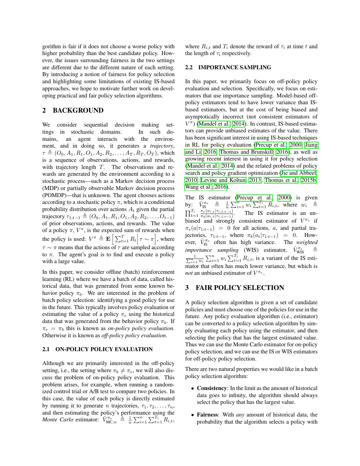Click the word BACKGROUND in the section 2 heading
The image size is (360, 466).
(x=78, y=111)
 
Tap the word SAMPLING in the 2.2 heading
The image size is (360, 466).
(x=255, y=68)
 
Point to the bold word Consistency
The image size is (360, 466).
(x=212, y=388)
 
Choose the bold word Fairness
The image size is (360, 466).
(x=208, y=415)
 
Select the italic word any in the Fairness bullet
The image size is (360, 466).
(x=240, y=415)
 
